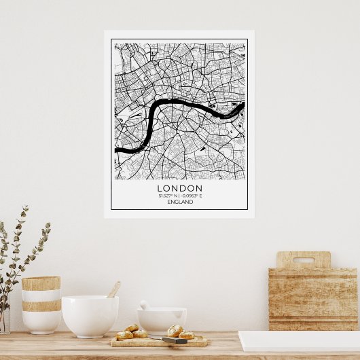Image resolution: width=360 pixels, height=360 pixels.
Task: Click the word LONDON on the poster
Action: coord(179,188)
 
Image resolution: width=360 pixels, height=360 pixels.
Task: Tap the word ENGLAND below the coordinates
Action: coord(179,202)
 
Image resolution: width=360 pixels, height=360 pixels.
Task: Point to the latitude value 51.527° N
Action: coord(168,196)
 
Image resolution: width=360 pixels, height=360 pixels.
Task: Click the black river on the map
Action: coord(179,104)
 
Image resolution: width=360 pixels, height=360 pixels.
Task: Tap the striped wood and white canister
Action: coord(41,304)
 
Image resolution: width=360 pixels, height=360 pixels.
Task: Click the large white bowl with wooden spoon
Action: coord(90,315)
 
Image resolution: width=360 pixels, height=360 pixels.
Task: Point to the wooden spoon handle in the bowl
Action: coord(114,289)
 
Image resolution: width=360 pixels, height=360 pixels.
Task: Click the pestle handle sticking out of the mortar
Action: coord(144,305)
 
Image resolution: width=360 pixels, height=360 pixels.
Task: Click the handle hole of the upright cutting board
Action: coord(303,259)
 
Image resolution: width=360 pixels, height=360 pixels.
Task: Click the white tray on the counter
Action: coord(299,341)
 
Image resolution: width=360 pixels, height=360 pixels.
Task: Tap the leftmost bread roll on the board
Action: coord(124,335)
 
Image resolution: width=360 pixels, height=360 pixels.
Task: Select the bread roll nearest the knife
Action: coord(175,331)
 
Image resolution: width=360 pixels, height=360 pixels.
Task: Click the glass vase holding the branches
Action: coord(4,319)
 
